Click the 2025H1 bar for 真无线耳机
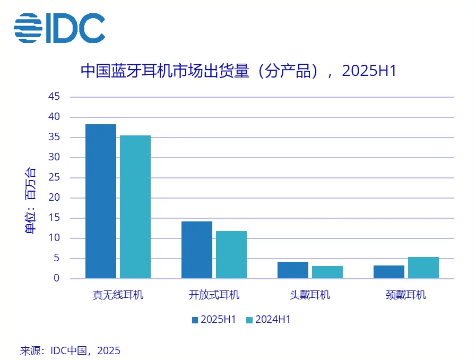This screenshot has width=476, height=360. coord(101,201)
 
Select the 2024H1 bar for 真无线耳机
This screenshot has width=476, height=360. coord(135,207)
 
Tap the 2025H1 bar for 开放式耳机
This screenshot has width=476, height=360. coord(197,250)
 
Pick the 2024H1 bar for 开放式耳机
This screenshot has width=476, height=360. coord(231,255)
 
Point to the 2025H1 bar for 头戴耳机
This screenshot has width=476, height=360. coord(293,270)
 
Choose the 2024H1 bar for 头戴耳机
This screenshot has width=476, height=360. coord(327,272)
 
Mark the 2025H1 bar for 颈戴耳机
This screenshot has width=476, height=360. coord(389,272)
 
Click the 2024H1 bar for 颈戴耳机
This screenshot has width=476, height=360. coord(423,268)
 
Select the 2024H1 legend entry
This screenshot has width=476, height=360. coord(269,320)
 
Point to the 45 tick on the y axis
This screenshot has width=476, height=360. coord(54,97)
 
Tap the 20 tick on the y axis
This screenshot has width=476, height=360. coord(54,198)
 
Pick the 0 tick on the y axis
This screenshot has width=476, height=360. coord(57,278)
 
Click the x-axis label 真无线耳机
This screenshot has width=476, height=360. coord(118,295)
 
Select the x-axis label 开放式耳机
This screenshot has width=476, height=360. coord(214,295)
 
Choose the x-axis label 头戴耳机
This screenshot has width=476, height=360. coord(310,295)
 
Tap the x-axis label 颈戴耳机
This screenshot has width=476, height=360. coord(406,295)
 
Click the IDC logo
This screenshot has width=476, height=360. coord(59,28)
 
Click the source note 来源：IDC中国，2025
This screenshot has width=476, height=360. coord(71,350)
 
